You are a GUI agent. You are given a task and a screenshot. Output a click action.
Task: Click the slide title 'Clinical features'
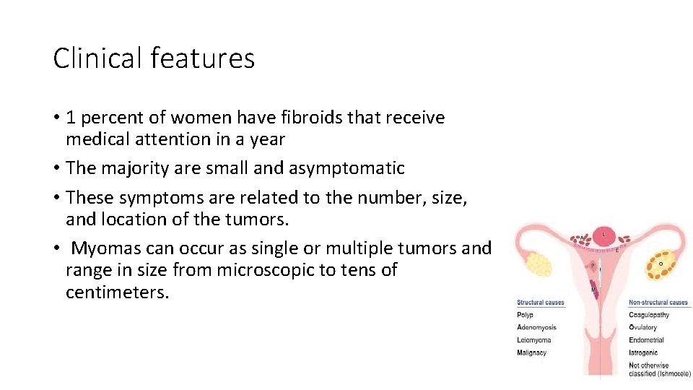(x=154, y=58)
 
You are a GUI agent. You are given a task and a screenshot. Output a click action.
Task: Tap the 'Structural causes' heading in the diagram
(x=541, y=303)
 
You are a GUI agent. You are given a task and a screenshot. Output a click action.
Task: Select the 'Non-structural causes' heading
(x=658, y=303)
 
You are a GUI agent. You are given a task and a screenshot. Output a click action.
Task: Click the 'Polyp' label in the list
(x=525, y=315)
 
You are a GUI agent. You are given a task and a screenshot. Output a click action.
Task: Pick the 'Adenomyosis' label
(x=537, y=328)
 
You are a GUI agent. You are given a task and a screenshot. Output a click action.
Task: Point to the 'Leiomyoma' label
(x=534, y=340)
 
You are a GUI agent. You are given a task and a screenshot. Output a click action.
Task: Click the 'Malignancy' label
(x=532, y=353)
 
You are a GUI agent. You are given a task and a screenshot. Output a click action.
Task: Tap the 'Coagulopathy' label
(x=649, y=315)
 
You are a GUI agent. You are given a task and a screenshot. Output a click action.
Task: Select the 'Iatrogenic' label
(x=644, y=353)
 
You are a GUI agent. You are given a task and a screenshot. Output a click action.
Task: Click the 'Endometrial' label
(x=646, y=340)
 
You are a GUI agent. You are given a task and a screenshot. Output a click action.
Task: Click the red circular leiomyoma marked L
(x=603, y=235)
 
